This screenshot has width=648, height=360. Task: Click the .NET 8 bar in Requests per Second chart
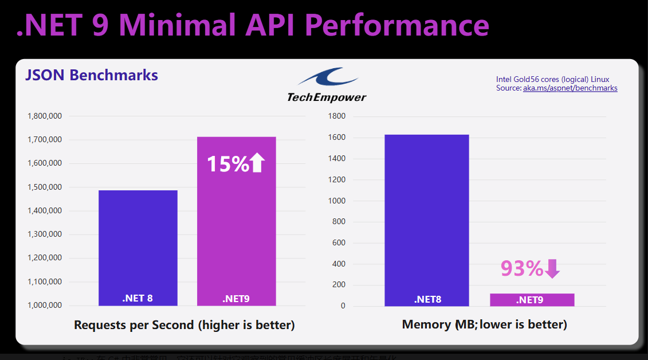pyautogui.click(x=138, y=246)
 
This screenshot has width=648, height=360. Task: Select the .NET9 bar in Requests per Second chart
pyautogui.click(x=236, y=229)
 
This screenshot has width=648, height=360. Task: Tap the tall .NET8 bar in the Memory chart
pyautogui.click(x=426, y=218)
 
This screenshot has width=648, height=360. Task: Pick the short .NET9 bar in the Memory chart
pyautogui.click(x=532, y=300)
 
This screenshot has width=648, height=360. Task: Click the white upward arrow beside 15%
pyautogui.click(x=258, y=163)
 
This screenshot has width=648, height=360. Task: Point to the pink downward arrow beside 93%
pyautogui.click(x=552, y=268)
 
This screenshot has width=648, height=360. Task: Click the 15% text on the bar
pyautogui.click(x=227, y=164)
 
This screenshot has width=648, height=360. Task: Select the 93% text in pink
pyautogui.click(x=521, y=268)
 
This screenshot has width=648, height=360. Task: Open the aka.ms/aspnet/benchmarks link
pyautogui.click(x=570, y=88)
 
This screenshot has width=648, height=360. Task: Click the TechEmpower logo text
pyautogui.click(x=327, y=97)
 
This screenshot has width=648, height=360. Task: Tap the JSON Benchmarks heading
pyautogui.click(x=92, y=75)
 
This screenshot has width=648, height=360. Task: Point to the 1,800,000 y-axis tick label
pyautogui.click(x=45, y=116)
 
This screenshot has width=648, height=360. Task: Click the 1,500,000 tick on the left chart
pyautogui.click(x=45, y=187)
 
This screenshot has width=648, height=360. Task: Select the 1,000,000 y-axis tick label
pyautogui.click(x=45, y=306)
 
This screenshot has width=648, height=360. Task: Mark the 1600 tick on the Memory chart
pyautogui.click(x=336, y=138)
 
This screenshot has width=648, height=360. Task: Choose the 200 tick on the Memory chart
pyautogui.click(x=339, y=285)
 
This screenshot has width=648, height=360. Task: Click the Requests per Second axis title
pyautogui.click(x=184, y=325)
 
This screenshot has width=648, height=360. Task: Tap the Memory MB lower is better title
pyautogui.click(x=485, y=324)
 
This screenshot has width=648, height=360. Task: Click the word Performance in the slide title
pyautogui.click(x=396, y=25)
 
